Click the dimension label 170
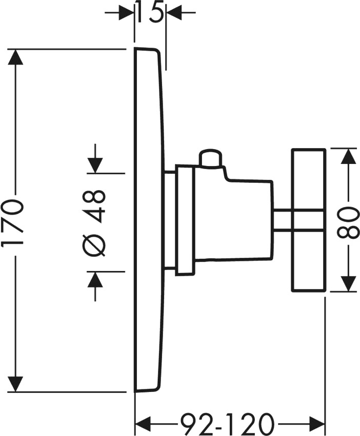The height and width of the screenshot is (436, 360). pos(12,220)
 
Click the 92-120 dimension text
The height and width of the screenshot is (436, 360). pos(226,424)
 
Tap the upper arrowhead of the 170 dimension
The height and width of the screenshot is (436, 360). pos(15,57)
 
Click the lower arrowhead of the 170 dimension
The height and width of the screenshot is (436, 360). pos(15,384)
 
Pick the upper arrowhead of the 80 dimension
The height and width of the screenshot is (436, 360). pos(349,156)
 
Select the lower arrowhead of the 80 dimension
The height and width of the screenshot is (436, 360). pos(349,284)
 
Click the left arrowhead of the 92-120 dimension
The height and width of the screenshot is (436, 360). pos(143,424)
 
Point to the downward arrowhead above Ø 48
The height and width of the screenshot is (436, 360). pos(95,165)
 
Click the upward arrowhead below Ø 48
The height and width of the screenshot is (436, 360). pos(95,279)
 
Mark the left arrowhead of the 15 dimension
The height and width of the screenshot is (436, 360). pos(126,12)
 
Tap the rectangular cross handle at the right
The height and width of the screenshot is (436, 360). pos(309,220)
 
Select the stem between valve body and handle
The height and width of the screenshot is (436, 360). pos(282,220)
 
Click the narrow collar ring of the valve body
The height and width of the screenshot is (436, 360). pos(184,220)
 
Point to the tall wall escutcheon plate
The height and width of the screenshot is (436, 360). pos(148,220)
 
